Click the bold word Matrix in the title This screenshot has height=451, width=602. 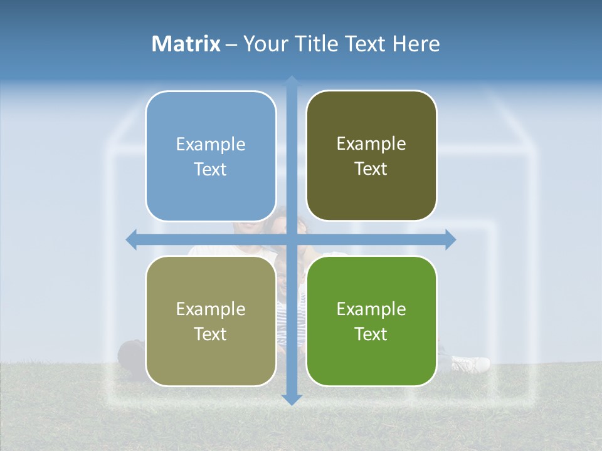coord(186,44)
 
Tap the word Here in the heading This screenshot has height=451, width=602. coord(416,44)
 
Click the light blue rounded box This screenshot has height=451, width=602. coord(211,156)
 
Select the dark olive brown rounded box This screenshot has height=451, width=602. coord(371,156)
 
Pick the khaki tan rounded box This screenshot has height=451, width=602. coord(211,321)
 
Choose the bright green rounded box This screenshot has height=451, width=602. coord(371,321)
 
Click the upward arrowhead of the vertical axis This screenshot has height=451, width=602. coord(292,81)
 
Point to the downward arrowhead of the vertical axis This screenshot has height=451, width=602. coord(292,399)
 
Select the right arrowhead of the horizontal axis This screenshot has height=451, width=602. coord(450,239)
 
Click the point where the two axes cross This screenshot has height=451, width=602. coord(292,239)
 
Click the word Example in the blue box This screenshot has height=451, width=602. coord(211,145)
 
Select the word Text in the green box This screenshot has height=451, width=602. coord(371,334)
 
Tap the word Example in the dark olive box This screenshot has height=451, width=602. coord(371,144)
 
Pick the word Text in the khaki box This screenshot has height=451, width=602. coord(211,334)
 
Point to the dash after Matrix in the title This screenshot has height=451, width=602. coord(231,44)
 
